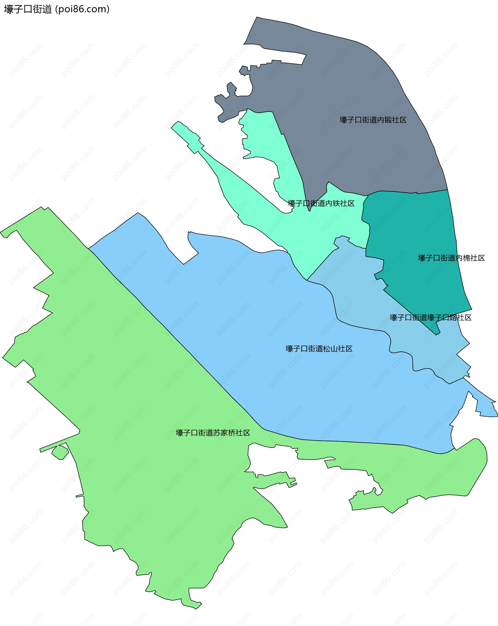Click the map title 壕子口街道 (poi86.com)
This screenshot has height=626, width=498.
(57, 9)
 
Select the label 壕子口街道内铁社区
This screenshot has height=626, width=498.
(321, 203)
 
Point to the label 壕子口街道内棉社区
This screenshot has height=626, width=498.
(451, 258)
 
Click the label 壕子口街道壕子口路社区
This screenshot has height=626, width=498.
(430, 317)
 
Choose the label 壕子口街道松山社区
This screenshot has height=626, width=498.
(319, 349)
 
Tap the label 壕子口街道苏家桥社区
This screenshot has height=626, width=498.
(213, 433)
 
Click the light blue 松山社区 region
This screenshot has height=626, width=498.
(261, 319)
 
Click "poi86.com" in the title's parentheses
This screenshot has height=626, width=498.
(82, 9)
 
